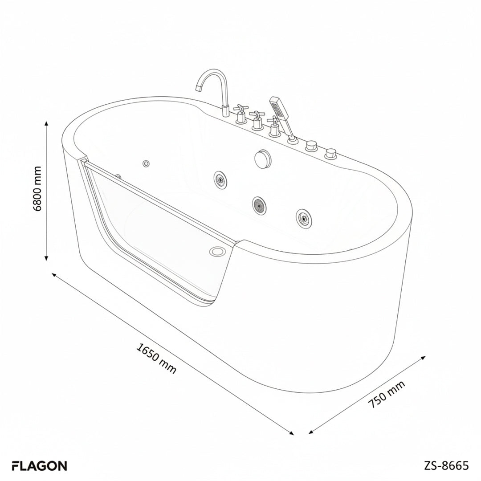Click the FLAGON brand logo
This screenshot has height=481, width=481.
tap(39, 466)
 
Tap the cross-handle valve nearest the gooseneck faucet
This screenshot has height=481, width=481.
tap(241, 114)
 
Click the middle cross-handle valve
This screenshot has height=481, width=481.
tap(257, 121)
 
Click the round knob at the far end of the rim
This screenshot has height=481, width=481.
tap(331, 155)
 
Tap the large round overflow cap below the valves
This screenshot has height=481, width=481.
tap(261, 159)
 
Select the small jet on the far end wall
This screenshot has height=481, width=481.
tap(146, 164)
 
